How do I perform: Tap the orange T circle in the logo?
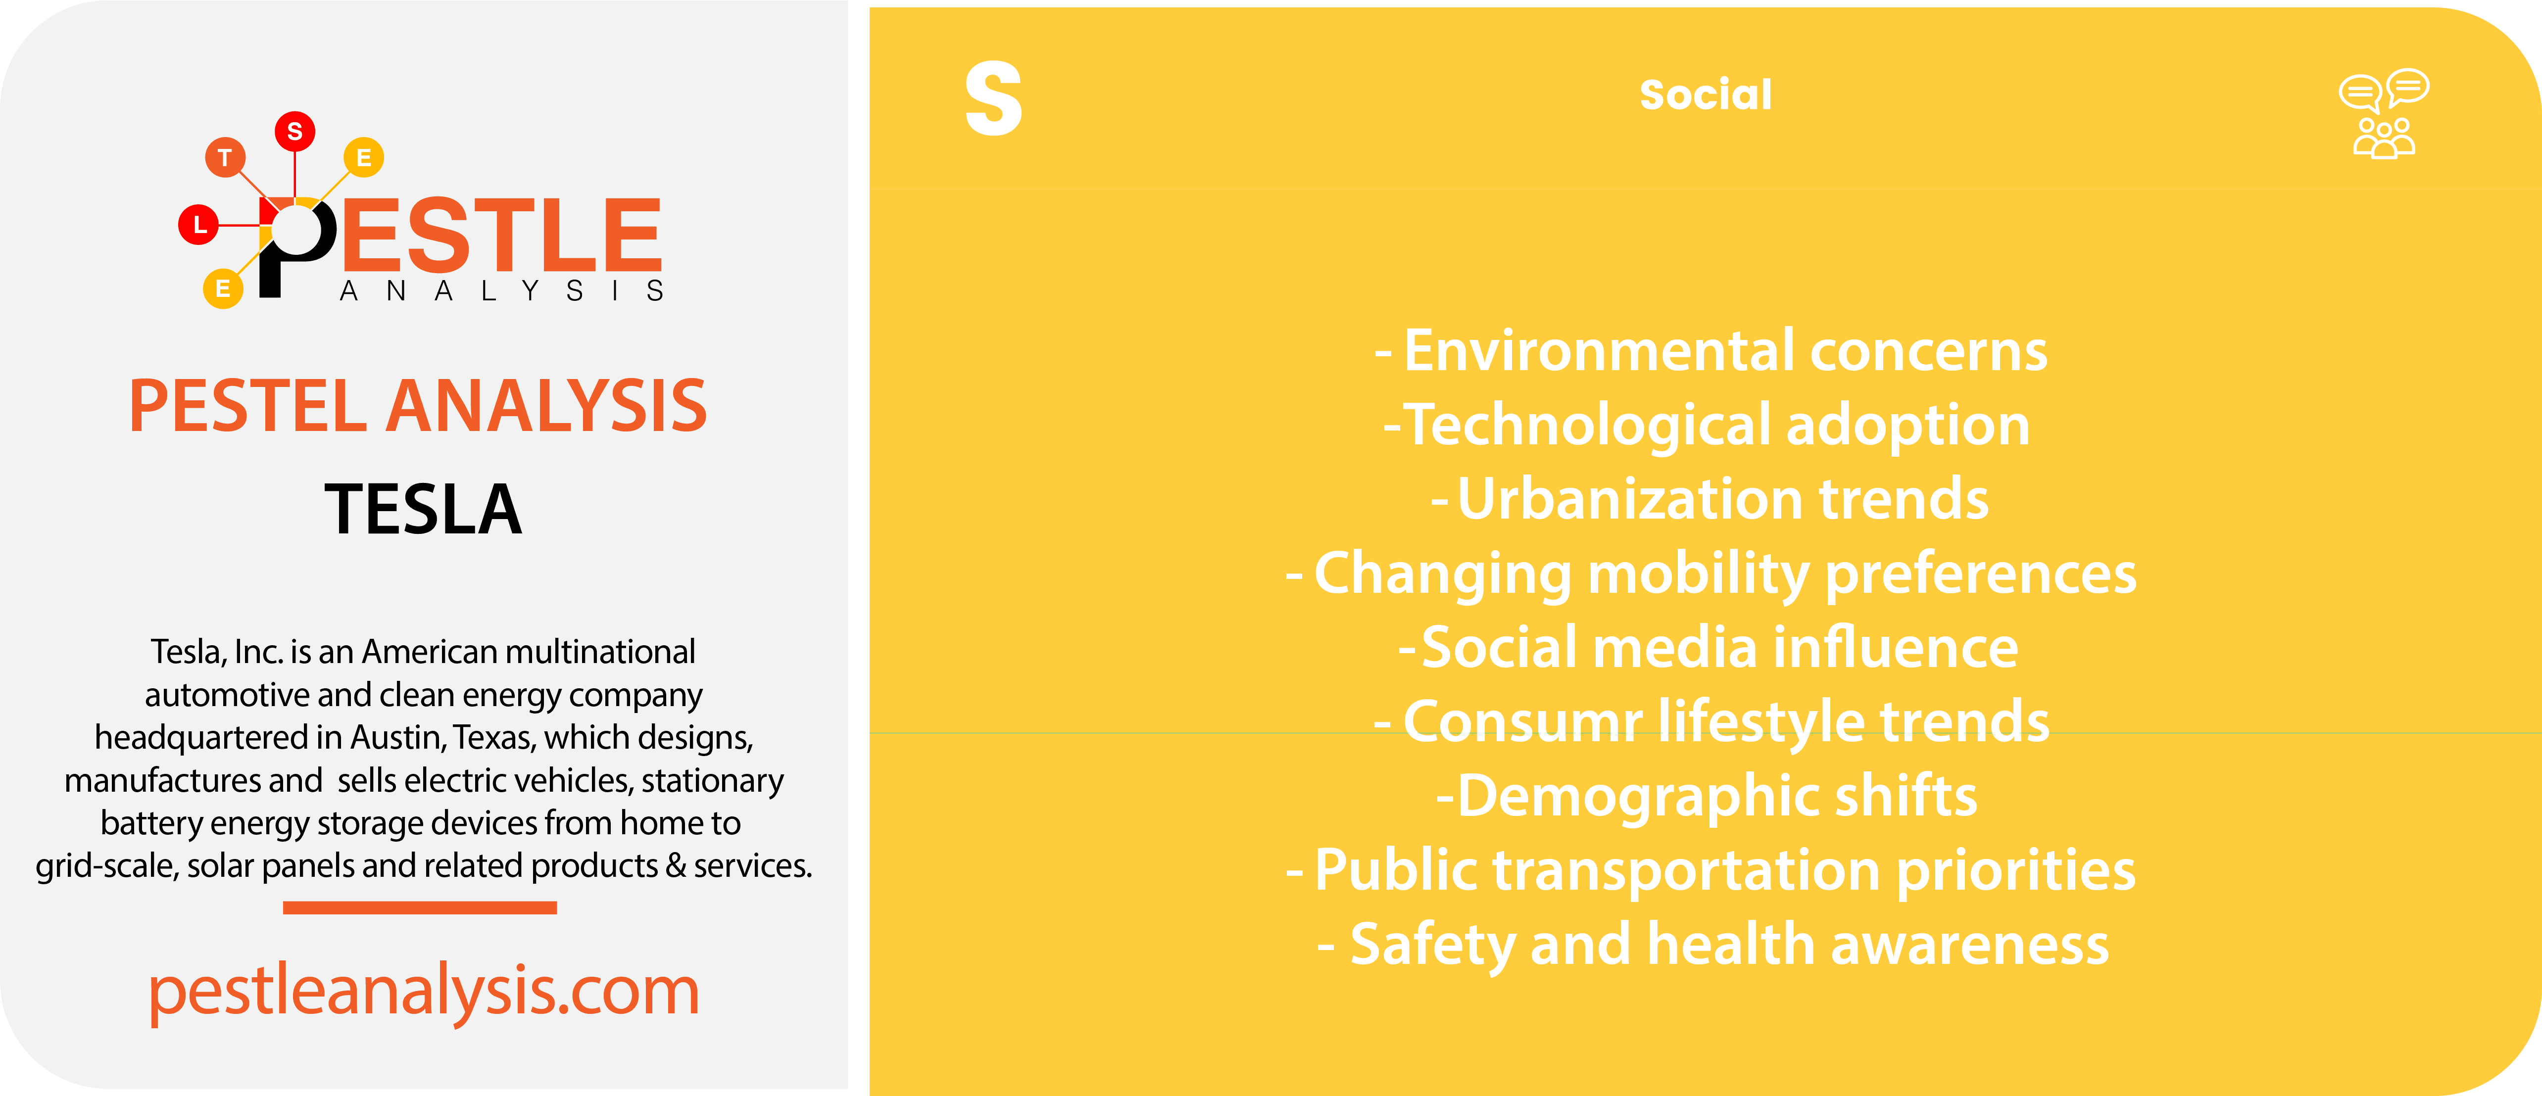coord(225,157)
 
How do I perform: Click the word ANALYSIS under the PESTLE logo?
coord(501,291)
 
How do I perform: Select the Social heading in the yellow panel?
coord(1705,95)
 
